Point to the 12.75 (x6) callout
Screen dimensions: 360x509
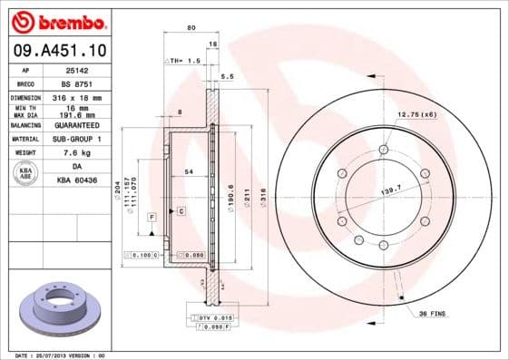pyautogui.click(x=417, y=115)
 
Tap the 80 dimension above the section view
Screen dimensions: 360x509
pyautogui.click(x=191, y=28)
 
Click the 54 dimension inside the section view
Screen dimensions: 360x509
pyautogui.click(x=189, y=171)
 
